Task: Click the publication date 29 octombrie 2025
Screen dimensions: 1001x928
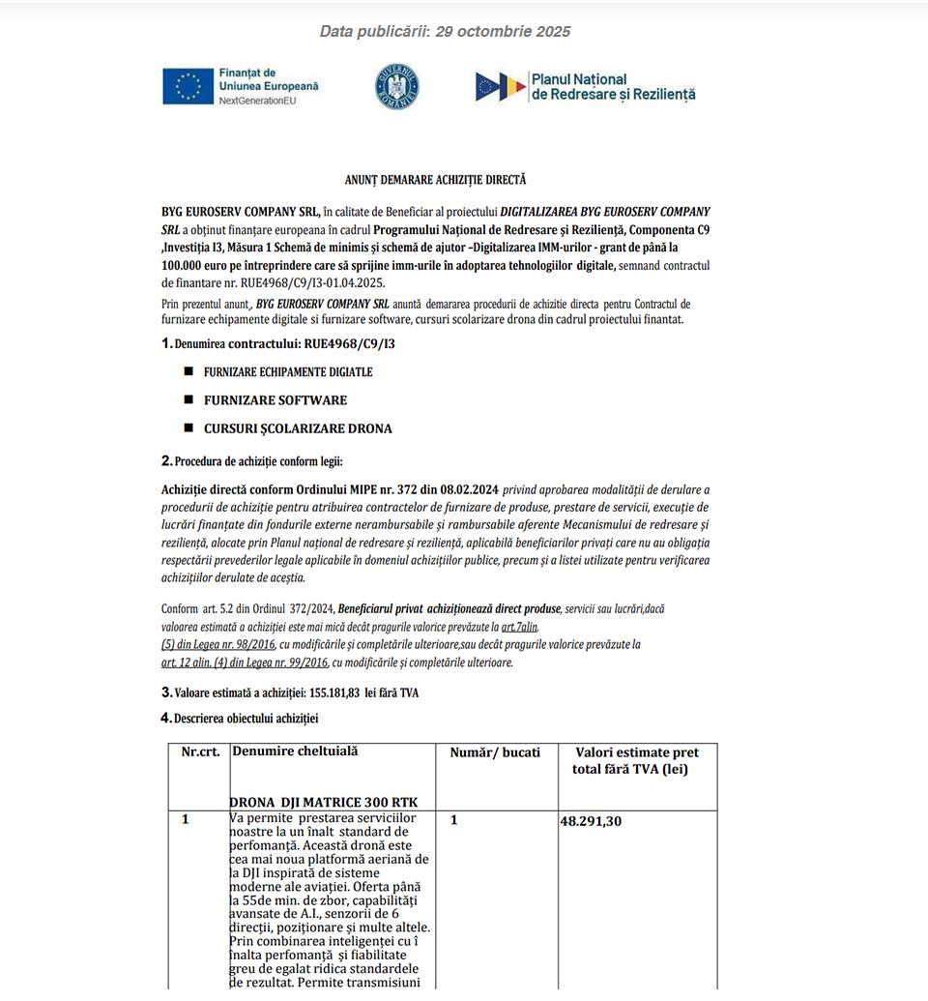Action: point(503,32)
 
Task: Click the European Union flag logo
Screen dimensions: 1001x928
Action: point(188,86)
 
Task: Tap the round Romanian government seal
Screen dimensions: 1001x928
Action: point(396,86)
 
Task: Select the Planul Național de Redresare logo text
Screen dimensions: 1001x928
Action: point(612,87)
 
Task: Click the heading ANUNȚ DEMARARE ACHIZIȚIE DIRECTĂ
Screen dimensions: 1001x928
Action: point(435,180)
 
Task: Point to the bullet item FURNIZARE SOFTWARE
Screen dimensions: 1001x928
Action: point(275,400)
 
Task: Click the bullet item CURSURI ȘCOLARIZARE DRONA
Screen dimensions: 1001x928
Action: point(298,428)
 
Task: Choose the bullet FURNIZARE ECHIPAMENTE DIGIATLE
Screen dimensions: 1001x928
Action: point(287,372)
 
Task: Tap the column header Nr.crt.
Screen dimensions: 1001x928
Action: point(200,752)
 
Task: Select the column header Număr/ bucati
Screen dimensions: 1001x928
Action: point(495,752)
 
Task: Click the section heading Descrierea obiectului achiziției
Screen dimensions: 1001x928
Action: point(246,718)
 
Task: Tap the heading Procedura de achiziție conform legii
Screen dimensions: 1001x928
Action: point(258,461)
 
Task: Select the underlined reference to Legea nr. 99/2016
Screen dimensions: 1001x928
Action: point(246,662)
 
